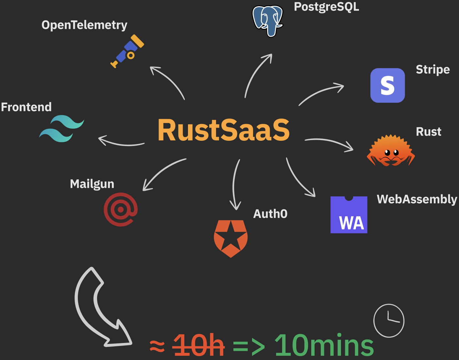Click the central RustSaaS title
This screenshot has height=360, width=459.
pos(224,130)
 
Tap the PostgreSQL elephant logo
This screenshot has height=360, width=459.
pos(267,21)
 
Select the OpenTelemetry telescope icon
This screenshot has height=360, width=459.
pos(127,51)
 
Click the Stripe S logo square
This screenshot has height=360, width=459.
pos(387,85)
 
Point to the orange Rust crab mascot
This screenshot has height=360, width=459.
pos(391,151)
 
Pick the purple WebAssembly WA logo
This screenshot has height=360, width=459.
pos(349,215)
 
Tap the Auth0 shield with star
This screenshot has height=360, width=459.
pos(231,238)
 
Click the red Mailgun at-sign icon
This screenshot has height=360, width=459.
pos(120,209)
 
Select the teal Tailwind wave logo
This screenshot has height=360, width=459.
pos(61,129)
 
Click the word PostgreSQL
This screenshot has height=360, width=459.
pos(326,7)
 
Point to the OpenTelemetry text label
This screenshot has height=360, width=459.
pos(84,25)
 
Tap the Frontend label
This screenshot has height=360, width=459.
pos(26,107)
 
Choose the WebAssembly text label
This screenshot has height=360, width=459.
pos(417,199)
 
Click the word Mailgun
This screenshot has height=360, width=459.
pos(92,184)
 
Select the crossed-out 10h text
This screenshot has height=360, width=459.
pos(198,346)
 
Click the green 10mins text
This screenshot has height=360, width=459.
pos(324,346)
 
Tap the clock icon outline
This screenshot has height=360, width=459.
pos(389,320)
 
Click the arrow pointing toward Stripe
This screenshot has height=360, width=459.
pos(322,93)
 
